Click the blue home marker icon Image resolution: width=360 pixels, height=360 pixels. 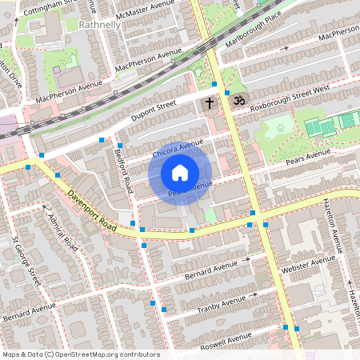pyautogui.click(x=180, y=172)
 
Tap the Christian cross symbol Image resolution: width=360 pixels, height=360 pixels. pyautogui.click(x=210, y=103)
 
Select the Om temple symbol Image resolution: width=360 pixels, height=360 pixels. pyautogui.click(x=236, y=100)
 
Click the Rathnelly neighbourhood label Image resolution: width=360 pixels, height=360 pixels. pyautogui.click(x=102, y=25)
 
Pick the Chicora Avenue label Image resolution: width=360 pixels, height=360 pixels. pyautogui.click(x=178, y=150)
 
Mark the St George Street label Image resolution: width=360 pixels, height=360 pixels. pyautogui.click(x=26, y=260)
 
